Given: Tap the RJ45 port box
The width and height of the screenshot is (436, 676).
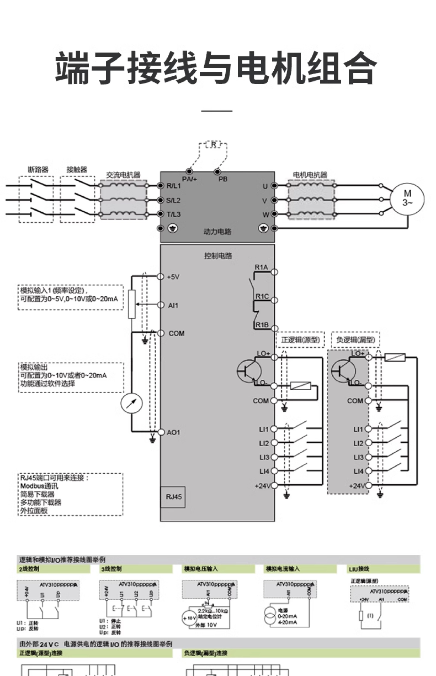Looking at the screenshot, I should click(173, 497).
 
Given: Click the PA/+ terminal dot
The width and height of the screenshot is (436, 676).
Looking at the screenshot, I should click(189, 171).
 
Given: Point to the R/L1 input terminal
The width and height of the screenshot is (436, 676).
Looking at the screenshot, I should click(161, 186).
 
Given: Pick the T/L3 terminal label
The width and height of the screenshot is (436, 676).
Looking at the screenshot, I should click(173, 214).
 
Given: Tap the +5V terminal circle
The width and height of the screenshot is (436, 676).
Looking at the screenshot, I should click(161, 277).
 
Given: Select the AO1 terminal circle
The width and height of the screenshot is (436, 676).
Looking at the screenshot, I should click(161, 432).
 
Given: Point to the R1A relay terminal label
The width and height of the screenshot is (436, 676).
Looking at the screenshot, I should click(261, 267).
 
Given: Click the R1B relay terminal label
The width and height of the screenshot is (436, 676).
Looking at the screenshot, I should click(262, 325).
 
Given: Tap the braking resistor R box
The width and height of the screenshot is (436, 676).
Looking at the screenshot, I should click(213, 145).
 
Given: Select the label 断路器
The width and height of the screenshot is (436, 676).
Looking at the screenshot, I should click(38, 170).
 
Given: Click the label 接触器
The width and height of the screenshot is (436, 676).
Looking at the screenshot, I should click(77, 170).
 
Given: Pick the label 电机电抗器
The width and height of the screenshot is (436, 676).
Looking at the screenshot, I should click(310, 175).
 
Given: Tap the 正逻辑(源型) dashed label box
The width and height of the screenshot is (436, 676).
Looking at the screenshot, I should click(300, 340).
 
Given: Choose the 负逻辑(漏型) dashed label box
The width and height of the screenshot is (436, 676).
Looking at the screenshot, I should click(355, 340).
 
